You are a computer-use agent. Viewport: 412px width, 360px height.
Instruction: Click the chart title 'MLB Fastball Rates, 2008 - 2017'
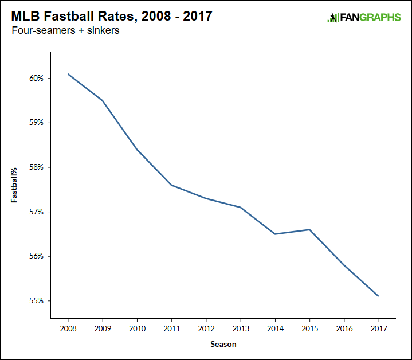[x=112, y=16]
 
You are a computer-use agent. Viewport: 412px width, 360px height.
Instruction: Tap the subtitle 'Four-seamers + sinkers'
[x=65, y=31]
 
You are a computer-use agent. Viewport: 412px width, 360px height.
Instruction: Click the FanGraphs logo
[x=364, y=17]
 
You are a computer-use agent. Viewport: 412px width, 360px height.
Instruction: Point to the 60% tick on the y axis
[x=36, y=78]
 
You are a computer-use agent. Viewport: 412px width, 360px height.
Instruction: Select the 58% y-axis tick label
[x=36, y=167]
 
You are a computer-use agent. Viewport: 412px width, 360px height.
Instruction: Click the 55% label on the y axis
[x=36, y=300]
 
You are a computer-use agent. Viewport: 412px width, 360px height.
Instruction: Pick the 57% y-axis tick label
[x=36, y=212]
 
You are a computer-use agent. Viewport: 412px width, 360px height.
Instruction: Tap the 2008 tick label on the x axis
[x=68, y=329]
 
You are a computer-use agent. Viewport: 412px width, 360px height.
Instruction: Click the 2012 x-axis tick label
[x=206, y=329]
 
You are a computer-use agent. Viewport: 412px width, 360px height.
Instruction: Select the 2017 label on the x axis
[x=379, y=329]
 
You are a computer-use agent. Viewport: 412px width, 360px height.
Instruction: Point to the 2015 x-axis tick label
[x=310, y=329]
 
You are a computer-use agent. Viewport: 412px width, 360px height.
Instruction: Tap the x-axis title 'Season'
[x=223, y=345]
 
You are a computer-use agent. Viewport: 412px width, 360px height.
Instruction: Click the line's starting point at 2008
[x=68, y=74]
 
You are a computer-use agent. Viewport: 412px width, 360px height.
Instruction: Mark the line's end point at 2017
[x=379, y=296]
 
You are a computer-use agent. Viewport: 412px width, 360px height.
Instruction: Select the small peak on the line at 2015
[x=310, y=229]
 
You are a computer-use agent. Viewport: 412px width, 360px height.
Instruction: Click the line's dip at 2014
[x=275, y=234]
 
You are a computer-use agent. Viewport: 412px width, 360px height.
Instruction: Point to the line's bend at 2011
[x=172, y=185]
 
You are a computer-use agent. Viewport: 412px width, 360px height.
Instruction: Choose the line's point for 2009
[x=103, y=101]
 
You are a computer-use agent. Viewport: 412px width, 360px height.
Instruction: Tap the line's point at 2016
[x=344, y=265]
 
